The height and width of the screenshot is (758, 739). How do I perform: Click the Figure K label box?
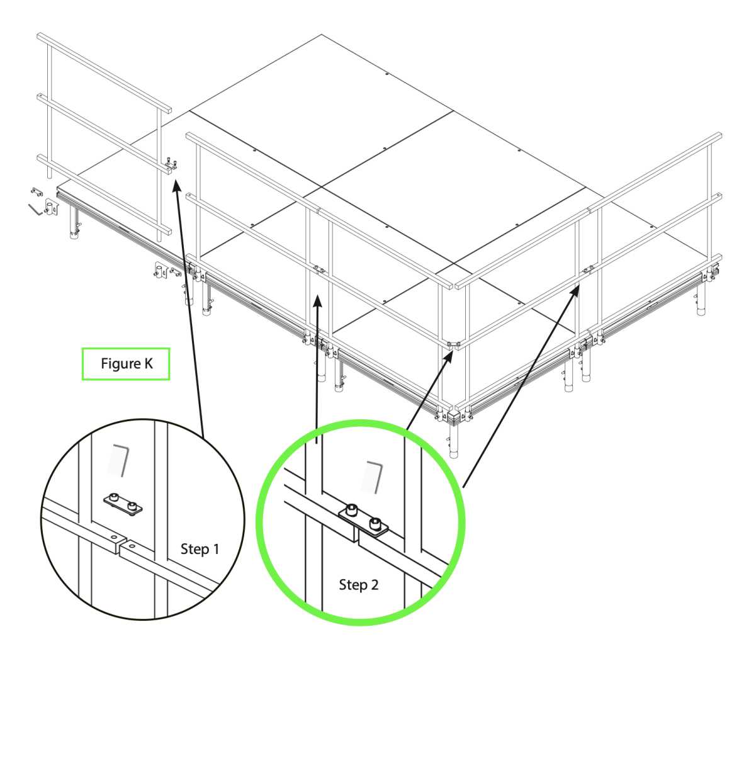[125, 363]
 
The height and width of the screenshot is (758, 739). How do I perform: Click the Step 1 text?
[200, 549]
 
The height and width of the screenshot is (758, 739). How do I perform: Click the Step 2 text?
[358, 585]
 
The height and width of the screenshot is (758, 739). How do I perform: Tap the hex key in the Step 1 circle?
[122, 460]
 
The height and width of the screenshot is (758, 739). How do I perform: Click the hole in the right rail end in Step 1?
[133, 546]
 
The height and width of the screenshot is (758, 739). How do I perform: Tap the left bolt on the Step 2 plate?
[352, 509]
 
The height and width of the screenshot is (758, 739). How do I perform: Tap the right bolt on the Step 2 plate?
[375, 523]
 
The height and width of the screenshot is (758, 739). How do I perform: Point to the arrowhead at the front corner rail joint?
[448, 356]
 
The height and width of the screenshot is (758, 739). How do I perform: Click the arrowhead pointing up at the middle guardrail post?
[318, 301]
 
